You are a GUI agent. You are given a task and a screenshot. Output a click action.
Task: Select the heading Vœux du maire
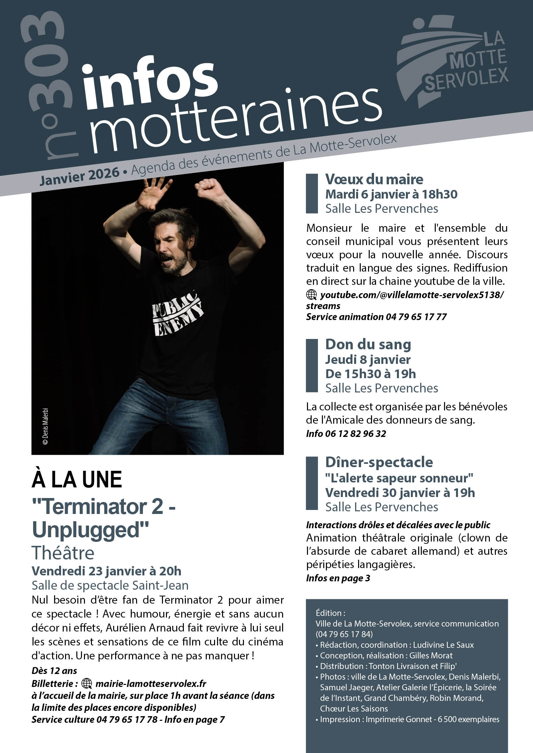tap(374, 179)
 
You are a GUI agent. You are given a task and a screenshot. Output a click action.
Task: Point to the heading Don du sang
tap(368, 344)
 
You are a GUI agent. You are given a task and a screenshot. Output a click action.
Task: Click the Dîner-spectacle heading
tap(379, 462)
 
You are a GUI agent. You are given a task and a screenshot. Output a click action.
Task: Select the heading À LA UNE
tap(77, 480)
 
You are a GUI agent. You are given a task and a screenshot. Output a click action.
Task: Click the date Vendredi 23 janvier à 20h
tap(107, 571)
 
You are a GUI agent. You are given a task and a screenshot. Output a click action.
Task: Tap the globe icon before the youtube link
tap(311, 294)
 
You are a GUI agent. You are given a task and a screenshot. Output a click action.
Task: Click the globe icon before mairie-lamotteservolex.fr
tap(87, 684)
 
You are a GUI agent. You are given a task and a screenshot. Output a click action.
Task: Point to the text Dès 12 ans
tap(54, 671)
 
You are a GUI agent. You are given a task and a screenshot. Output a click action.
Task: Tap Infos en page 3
tap(338, 578)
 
